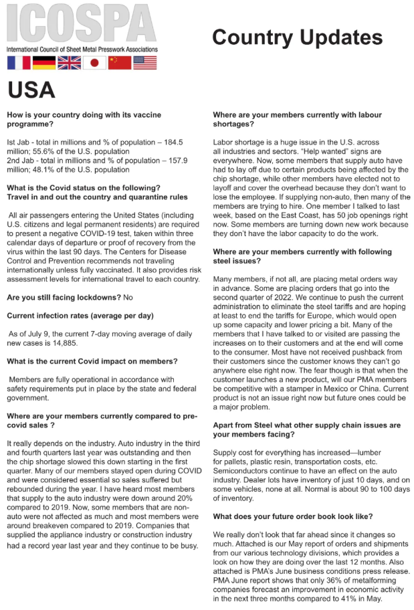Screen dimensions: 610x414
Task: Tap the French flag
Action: [x=19, y=63]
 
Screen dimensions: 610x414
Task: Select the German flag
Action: [x=43, y=63]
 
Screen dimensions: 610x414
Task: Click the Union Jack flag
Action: [x=69, y=63]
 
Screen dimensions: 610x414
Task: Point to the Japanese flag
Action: [x=94, y=63]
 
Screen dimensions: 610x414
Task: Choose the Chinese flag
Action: [x=120, y=63]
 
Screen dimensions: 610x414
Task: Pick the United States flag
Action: [x=145, y=63]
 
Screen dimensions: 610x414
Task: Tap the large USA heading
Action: [x=31, y=90]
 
